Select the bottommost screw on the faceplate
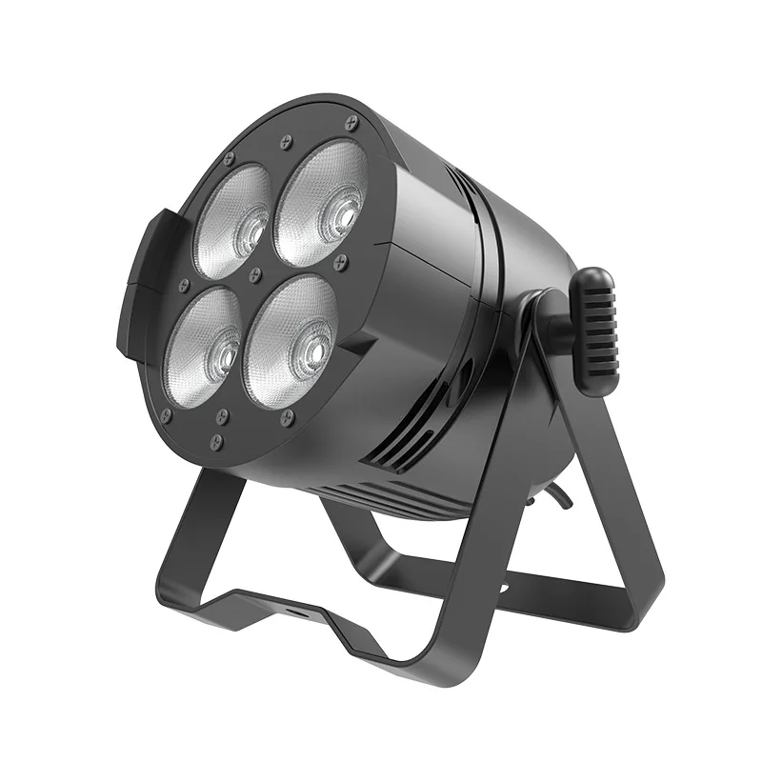[217, 440]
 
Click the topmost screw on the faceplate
[351, 122]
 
